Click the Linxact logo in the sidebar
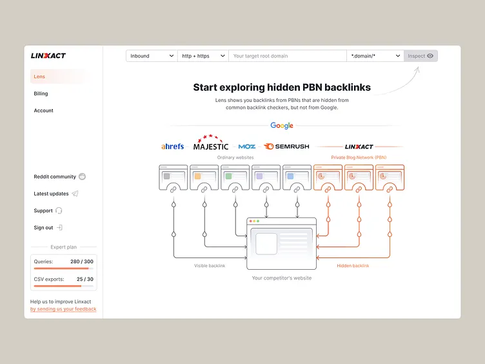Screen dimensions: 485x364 [48, 56]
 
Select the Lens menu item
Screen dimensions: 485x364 [40, 77]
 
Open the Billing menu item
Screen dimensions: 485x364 [41, 94]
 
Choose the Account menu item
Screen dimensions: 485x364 [44, 110]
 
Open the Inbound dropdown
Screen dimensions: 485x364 [152, 56]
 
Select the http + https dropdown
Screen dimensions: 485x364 [203, 56]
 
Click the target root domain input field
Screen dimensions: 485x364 [287, 56]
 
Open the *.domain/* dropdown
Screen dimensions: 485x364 [375, 56]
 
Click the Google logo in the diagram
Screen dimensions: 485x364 [282, 126]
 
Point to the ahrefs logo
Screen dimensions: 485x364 [172, 147]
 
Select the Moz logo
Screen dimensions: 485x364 [246, 147]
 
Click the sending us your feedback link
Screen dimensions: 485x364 [63, 309]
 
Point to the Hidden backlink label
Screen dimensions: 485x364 [353, 266]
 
